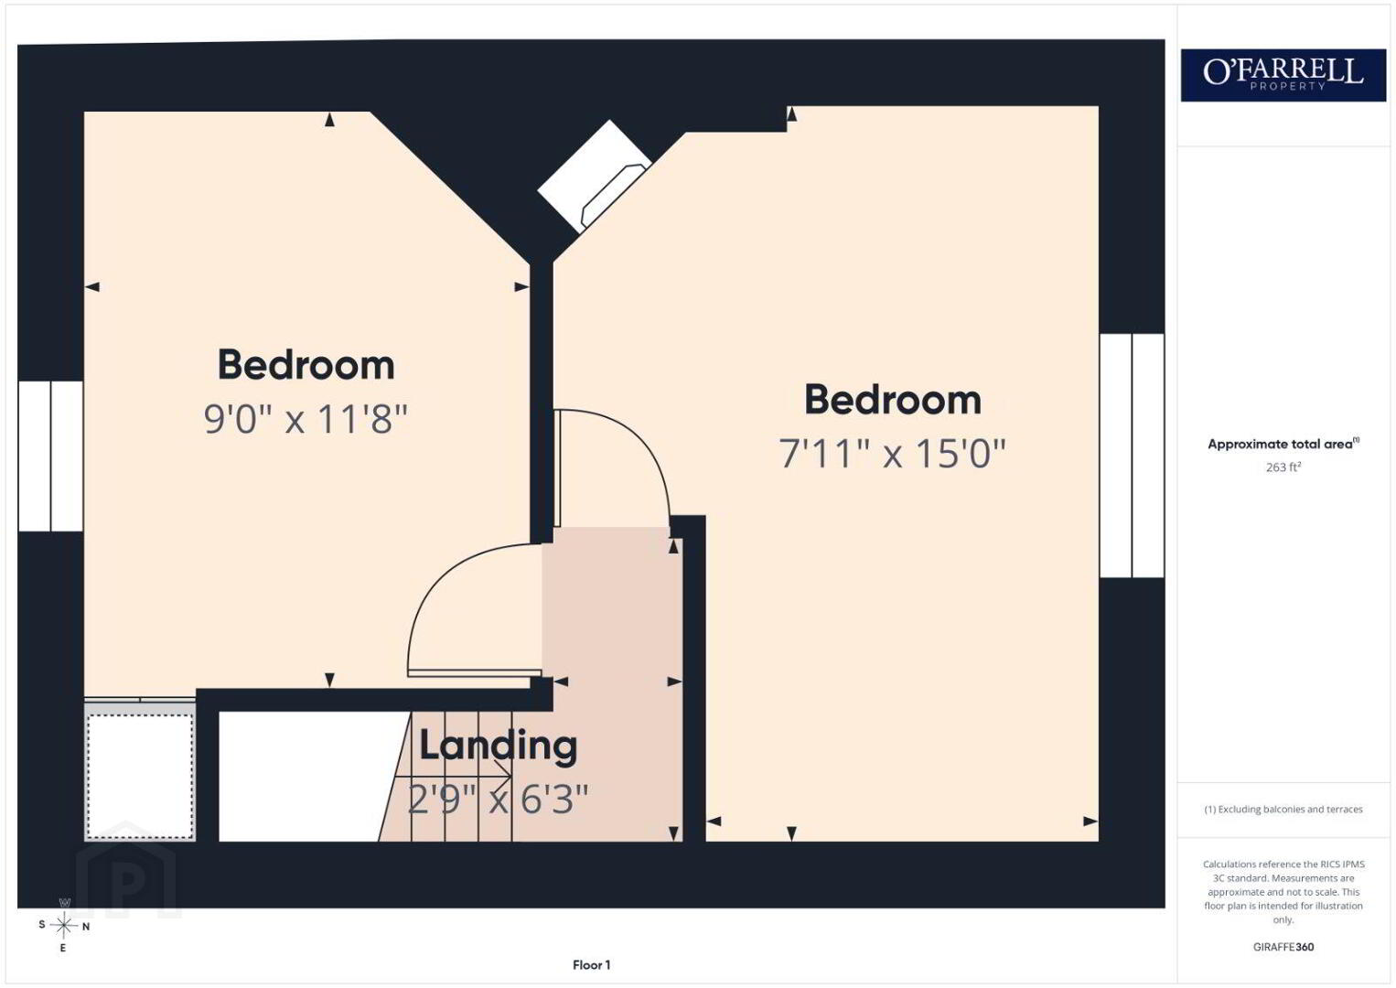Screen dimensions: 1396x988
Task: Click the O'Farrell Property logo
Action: pos(1283,75)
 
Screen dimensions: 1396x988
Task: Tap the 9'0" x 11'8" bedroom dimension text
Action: pos(306,419)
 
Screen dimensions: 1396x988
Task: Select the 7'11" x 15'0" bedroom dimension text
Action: pos(893,453)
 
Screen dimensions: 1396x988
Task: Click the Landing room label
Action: pos(498,746)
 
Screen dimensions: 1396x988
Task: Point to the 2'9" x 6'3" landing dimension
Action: pos(498,800)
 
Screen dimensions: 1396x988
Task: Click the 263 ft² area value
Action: pos(1283,467)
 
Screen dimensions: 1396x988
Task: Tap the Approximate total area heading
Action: pos(1283,444)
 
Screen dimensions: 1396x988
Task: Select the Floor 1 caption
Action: pos(592,965)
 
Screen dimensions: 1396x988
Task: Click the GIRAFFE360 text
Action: pos(1283,947)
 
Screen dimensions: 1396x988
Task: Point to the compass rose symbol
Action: pos(63,926)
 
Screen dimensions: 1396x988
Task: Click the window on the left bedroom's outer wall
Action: pos(50,456)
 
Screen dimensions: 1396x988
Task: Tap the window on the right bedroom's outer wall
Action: pos(1132,456)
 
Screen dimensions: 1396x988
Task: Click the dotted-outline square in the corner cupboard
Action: pos(140,776)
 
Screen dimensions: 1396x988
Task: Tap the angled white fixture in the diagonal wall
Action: pos(594,177)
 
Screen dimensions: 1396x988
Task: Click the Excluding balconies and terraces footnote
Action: pos(1283,809)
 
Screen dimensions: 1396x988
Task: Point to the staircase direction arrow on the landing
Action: pos(450,777)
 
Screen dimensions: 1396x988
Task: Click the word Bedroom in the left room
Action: pos(306,365)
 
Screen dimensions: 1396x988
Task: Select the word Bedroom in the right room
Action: pos(893,400)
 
